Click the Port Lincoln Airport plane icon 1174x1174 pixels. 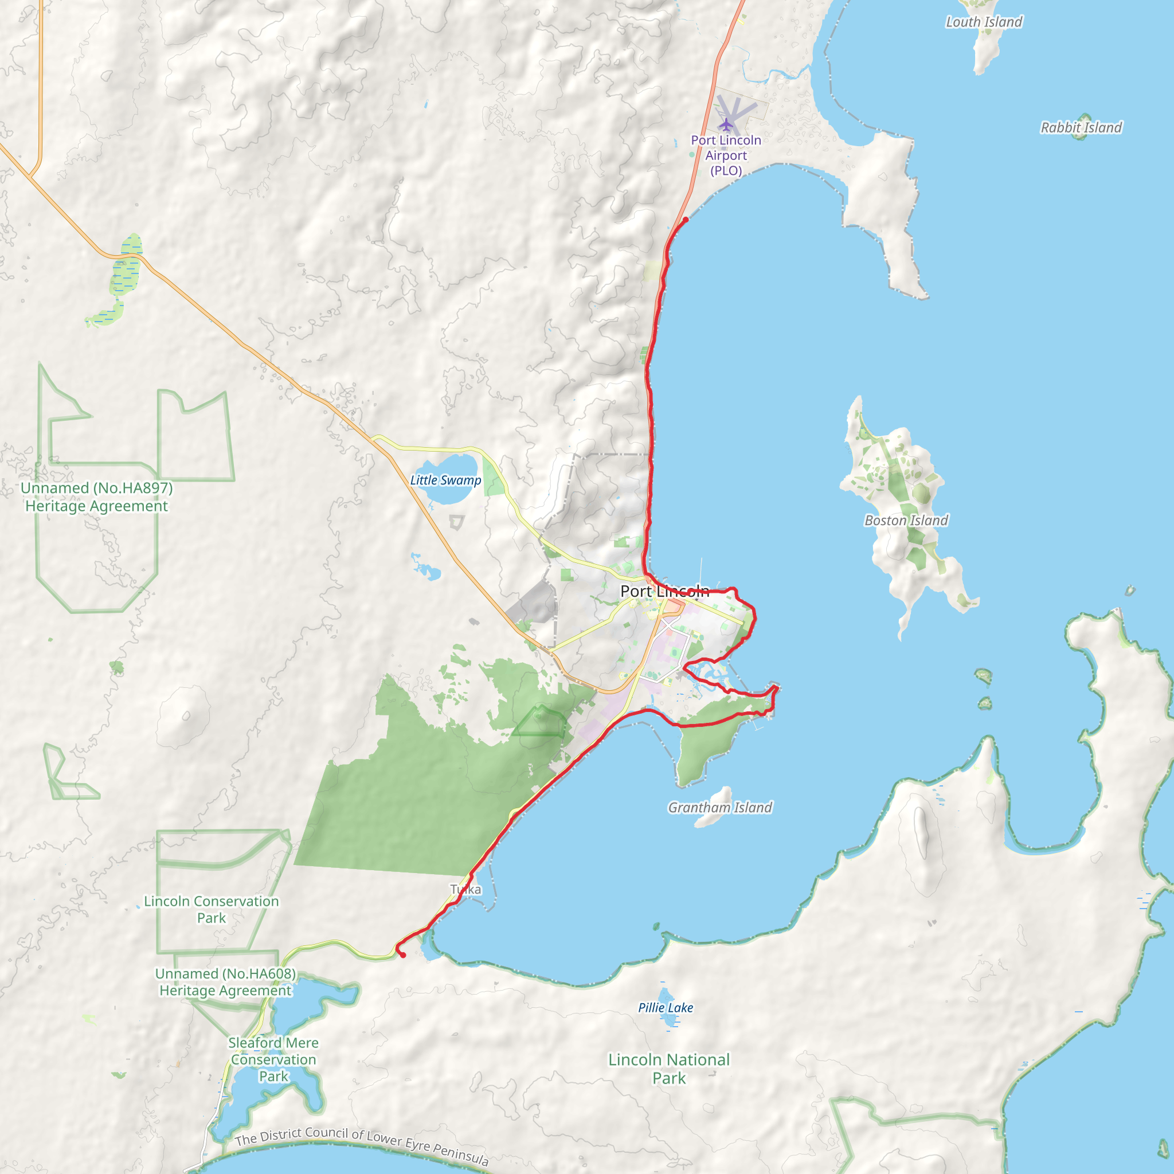[726, 125]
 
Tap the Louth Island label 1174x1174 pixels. [984, 22]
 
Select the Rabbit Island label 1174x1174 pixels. [1081, 128]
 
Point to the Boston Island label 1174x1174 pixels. [906, 520]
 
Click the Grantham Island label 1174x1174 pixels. [720, 808]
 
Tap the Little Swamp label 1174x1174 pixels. [445, 480]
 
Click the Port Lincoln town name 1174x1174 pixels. [664, 590]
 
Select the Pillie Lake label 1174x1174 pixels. [666, 1008]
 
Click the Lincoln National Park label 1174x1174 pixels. [668, 1069]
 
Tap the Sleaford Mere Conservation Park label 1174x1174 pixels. [273, 1060]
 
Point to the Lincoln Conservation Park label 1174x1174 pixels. [212, 909]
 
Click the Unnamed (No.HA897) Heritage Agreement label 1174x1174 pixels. [97, 497]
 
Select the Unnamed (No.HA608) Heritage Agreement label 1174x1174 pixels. [225, 982]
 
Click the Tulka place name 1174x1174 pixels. [466, 890]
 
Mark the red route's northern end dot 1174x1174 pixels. [686, 220]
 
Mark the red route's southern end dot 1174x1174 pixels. [403, 955]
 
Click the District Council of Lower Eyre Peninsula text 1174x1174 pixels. [362, 1146]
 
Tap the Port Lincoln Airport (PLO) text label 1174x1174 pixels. [726, 155]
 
